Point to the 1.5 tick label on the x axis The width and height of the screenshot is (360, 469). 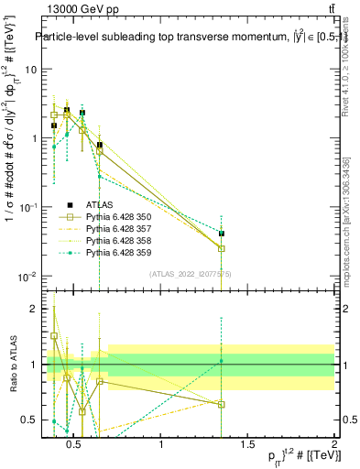(x=247, y=445)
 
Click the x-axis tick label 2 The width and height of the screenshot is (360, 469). (x=333, y=445)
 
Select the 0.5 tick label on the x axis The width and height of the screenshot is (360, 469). (x=76, y=445)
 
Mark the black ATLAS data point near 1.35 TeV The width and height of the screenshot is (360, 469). (x=222, y=234)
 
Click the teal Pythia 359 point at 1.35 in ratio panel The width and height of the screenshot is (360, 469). (x=222, y=361)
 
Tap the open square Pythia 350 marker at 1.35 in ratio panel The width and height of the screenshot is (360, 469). (x=222, y=404)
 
